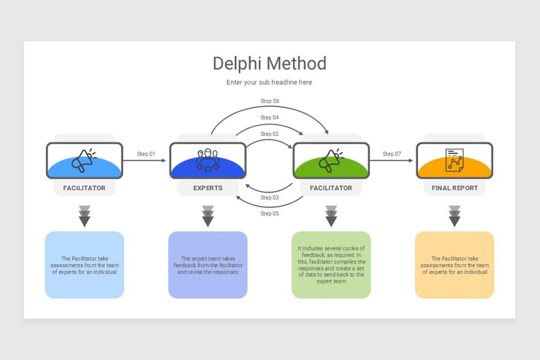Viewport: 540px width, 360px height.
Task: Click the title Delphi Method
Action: click(270, 63)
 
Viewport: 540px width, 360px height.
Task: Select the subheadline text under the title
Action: click(269, 82)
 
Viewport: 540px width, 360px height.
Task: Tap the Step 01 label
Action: click(146, 154)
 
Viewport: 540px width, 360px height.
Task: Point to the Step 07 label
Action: click(392, 154)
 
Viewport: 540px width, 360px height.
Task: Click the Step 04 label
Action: click(270, 117)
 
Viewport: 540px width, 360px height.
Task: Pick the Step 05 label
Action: click(270, 213)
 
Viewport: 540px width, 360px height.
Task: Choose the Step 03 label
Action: click(270, 198)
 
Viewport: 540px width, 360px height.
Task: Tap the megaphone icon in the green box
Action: click(331, 160)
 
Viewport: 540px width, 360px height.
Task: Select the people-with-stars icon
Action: click(208, 160)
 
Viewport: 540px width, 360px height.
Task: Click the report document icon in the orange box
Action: click(454, 160)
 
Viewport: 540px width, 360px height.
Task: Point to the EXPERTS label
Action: click(208, 188)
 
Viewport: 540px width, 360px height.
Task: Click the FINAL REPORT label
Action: click(454, 188)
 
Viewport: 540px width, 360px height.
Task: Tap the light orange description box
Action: click(454, 265)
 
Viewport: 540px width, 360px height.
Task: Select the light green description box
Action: click(331, 265)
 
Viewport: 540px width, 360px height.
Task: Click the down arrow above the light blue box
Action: click(85, 216)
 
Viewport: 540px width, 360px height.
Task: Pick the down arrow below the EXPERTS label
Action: click(208, 216)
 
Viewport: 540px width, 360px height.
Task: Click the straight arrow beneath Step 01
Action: click(144, 161)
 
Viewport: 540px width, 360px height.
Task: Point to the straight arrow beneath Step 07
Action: click(391, 161)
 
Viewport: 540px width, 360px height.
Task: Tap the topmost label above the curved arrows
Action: click(270, 101)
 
